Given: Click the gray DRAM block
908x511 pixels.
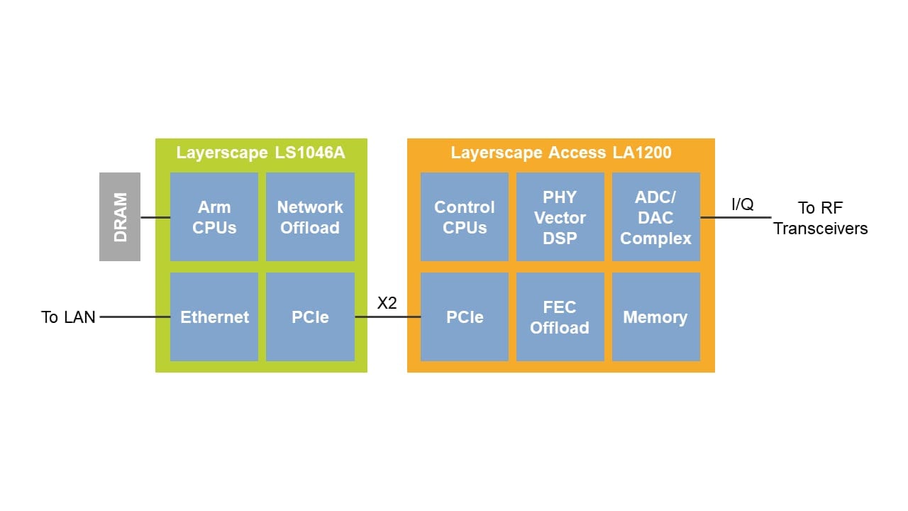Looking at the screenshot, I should [120, 216].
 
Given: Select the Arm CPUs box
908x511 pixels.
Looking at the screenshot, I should [214, 217].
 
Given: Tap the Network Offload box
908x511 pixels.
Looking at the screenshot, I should [310, 217].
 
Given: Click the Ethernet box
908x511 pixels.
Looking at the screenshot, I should [214, 317].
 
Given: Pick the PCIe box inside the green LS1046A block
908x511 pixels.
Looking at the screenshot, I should [310, 317].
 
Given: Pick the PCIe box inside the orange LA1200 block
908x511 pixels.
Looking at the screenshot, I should [465, 317].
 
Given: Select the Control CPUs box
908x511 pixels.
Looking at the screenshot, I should [465, 217].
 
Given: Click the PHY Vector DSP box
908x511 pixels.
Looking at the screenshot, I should [560, 217].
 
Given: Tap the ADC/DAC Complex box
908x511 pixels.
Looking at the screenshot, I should [655, 217].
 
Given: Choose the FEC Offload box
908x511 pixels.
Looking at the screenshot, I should [560, 317].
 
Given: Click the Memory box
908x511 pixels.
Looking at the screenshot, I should [655, 317].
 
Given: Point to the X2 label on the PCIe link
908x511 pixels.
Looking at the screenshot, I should [387, 303].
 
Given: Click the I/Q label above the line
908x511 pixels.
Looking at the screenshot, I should [743, 204].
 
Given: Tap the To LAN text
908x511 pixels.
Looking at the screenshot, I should [68, 317].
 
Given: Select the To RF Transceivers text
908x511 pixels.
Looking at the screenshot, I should [820, 218].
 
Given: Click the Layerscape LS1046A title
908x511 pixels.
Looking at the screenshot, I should [260, 153].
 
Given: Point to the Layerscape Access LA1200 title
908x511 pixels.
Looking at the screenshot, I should [560, 153].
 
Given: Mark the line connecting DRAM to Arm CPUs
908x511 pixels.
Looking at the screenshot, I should [155, 217].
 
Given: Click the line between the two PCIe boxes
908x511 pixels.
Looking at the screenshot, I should [387, 317].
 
